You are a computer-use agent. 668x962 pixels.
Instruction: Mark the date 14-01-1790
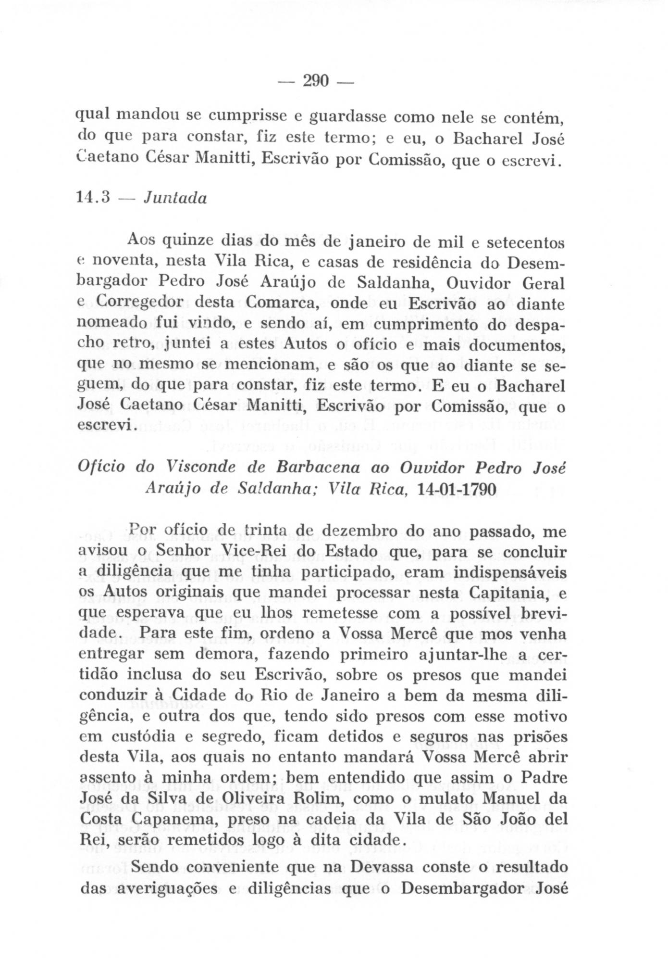coord(457,489)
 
